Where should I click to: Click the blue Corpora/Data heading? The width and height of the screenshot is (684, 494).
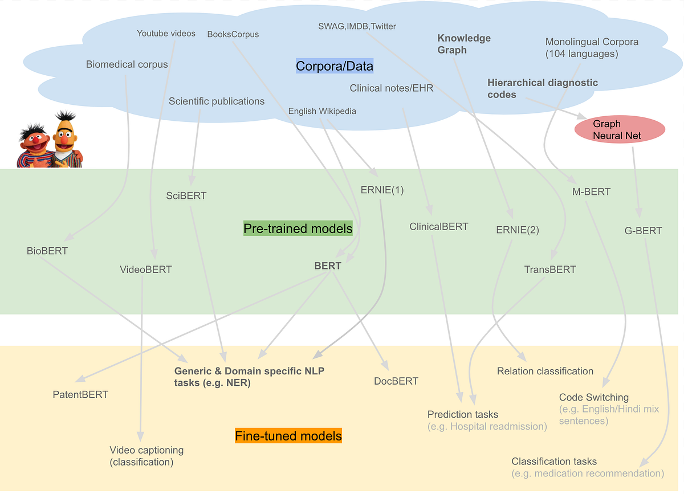coord(335,66)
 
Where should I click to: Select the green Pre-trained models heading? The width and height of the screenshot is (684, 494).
coord(298,228)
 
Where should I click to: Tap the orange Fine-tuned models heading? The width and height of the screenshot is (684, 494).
coord(288,436)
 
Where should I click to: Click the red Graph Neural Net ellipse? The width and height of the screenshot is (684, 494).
coord(620,130)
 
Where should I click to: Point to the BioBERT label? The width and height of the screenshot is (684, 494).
coord(47,251)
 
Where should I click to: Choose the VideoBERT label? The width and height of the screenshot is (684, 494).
coord(146,270)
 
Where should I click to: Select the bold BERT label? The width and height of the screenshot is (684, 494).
coord(328,266)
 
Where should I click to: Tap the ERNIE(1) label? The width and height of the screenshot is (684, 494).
coord(382,190)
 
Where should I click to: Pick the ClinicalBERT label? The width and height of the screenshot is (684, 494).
coord(438,226)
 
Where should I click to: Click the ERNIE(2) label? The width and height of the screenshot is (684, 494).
coord(518,230)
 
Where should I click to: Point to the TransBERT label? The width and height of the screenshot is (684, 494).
coord(550,270)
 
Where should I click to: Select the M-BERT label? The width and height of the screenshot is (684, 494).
coord(591,192)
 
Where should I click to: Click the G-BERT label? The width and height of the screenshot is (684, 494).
coord(643,231)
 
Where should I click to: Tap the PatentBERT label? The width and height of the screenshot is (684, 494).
coord(80,394)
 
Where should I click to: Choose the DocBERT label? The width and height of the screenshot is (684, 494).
coord(396,381)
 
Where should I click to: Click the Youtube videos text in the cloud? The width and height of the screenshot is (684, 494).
coord(166,34)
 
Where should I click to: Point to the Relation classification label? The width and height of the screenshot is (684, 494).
coord(545,371)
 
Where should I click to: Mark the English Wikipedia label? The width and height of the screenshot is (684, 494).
coord(322,111)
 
